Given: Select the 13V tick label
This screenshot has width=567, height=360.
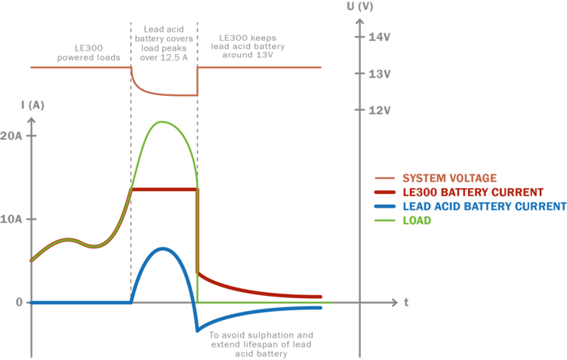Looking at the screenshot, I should pos(378,74).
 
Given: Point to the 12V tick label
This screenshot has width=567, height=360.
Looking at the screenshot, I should pos(378,110).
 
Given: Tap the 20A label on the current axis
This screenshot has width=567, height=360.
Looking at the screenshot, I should pos(13,137).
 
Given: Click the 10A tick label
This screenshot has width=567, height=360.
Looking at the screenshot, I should pos(13,220).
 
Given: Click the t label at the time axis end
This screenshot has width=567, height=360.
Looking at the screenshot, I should pos(406,302).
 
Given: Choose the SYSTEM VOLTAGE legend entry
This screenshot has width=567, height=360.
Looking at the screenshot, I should pos(448,178).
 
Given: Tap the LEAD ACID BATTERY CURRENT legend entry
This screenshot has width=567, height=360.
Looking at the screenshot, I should pos(483,206).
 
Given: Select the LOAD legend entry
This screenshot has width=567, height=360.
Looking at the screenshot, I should pos(417,220).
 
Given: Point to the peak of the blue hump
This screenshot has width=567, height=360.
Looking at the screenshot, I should pos(163,248).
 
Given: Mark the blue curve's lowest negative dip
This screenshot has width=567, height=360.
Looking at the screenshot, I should pos(197,330).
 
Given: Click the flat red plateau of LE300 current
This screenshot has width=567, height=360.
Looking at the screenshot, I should pos(164,189).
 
